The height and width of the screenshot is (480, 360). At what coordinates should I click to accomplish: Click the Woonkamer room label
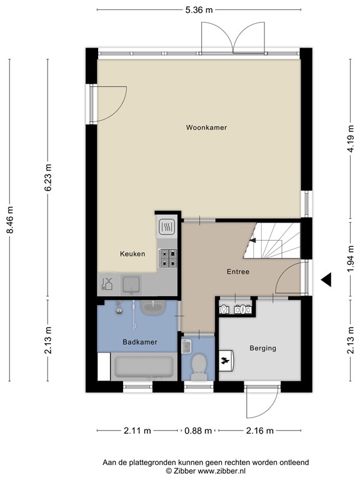(206, 127)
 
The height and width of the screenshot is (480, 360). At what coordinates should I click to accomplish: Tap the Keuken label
(132, 254)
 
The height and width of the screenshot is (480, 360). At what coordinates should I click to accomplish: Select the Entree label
(238, 271)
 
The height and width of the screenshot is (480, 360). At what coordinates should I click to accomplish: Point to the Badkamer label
(140, 342)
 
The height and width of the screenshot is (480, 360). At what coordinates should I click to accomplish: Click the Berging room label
(262, 348)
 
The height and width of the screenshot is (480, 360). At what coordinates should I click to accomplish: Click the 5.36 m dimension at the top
(199, 10)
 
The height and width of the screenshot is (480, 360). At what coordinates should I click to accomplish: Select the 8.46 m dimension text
(10, 220)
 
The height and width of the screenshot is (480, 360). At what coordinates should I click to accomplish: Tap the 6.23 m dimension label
(48, 177)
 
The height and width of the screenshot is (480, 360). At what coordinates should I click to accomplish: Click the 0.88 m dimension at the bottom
(198, 431)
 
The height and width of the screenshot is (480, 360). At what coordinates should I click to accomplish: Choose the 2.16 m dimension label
(260, 431)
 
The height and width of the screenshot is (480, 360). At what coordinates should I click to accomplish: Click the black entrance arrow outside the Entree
(326, 279)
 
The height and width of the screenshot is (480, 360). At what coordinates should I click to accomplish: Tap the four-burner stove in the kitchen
(167, 258)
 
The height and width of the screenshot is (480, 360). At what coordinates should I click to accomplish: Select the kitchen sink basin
(131, 285)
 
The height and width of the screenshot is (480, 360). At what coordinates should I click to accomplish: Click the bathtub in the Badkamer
(144, 367)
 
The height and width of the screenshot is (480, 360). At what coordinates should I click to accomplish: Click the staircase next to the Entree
(272, 241)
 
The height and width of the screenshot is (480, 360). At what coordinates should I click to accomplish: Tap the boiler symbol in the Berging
(226, 360)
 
